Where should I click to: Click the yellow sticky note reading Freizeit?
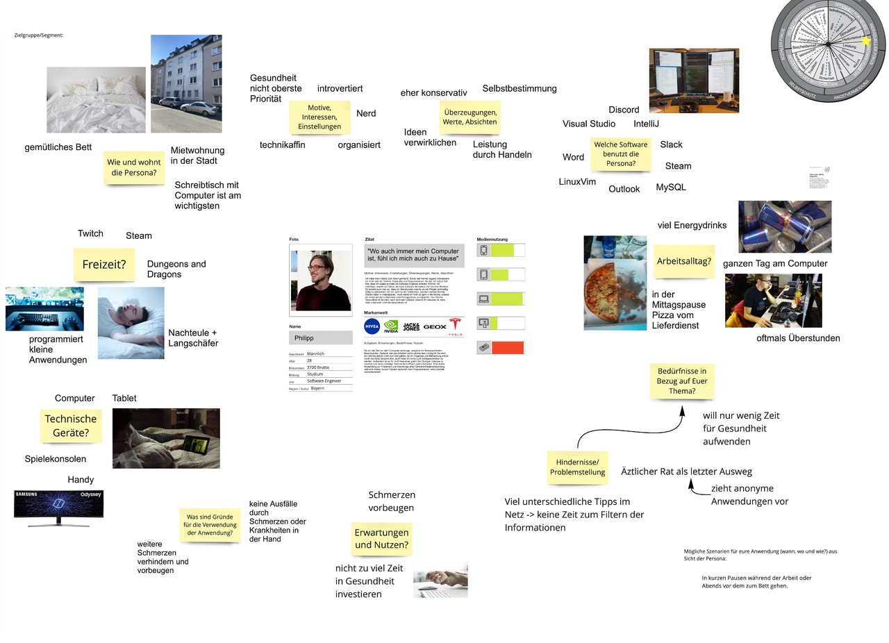[x=104, y=265]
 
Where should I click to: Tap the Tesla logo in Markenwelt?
[x=455, y=326]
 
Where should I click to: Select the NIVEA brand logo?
[x=372, y=326]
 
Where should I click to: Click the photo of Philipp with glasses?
[x=321, y=280]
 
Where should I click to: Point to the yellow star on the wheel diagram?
[x=865, y=42]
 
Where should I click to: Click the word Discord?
[x=624, y=110]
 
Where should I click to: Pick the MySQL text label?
[x=671, y=187]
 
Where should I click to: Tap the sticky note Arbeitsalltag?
[x=683, y=261]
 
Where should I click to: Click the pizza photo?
[x=615, y=283]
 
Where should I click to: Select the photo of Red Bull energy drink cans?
[x=785, y=227]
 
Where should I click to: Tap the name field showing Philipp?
[x=321, y=337]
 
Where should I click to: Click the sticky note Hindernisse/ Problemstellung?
[x=577, y=467]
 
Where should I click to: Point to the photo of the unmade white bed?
[x=96, y=99]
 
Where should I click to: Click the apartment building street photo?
[x=186, y=83]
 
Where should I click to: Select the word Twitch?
[x=90, y=233]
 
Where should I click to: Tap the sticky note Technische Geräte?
[x=71, y=426]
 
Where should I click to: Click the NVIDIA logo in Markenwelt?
[x=392, y=326]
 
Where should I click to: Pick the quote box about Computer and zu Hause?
[x=414, y=255]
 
